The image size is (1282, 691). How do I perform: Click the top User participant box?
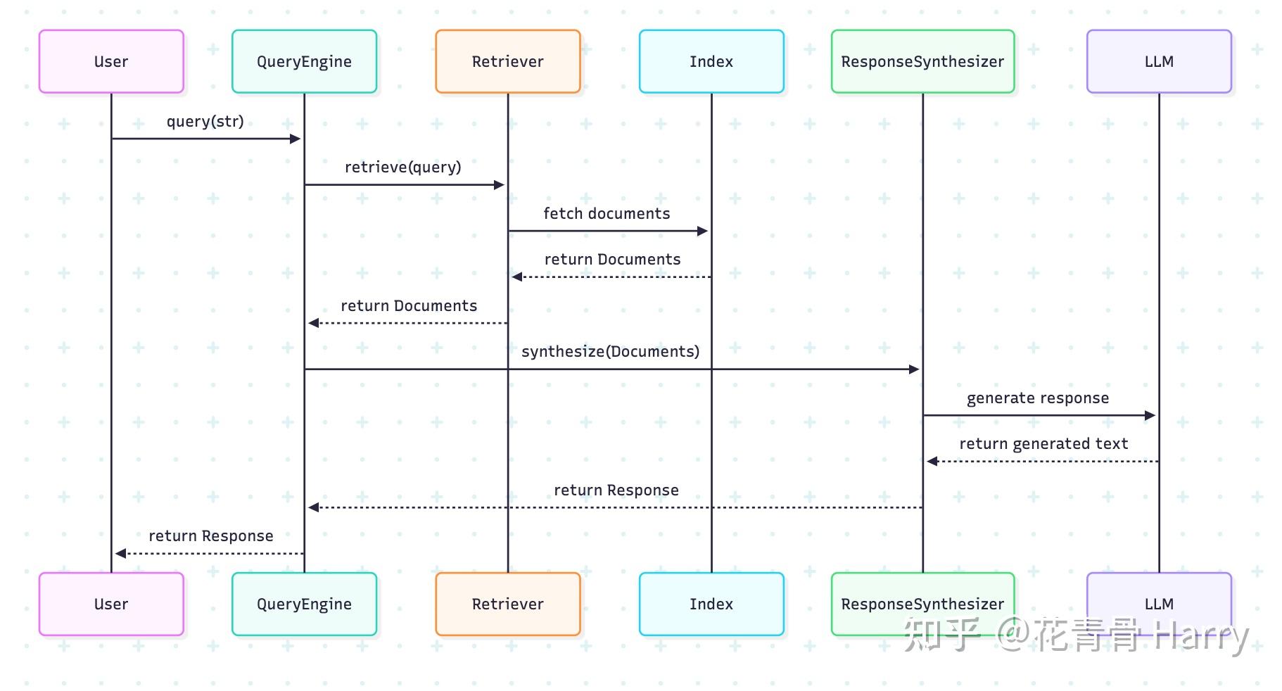(111, 61)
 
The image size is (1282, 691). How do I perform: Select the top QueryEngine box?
(304, 61)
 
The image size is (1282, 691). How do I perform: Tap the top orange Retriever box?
(507, 61)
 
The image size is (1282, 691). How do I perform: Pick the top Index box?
(711, 61)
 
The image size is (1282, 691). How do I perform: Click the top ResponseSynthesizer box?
(922, 61)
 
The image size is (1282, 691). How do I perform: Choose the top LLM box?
(1159, 61)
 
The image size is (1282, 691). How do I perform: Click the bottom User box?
(111, 604)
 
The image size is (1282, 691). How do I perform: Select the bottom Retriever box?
(507, 604)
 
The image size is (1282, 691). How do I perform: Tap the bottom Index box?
(711, 604)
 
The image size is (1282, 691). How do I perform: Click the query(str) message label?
(205, 121)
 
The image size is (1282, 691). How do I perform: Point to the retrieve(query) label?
(402, 167)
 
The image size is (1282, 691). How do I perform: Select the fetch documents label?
(607, 213)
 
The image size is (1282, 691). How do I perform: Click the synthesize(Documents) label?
(610, 351)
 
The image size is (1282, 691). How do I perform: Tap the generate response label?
(1037, 398)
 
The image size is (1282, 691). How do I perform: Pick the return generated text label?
(1043, 443)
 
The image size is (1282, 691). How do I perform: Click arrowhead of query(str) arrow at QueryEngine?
(296, 139)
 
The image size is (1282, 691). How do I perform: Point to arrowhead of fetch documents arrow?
(703, 231)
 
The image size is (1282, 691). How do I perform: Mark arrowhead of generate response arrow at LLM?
(1151, 415)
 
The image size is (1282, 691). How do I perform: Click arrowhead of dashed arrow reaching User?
(120, 554)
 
